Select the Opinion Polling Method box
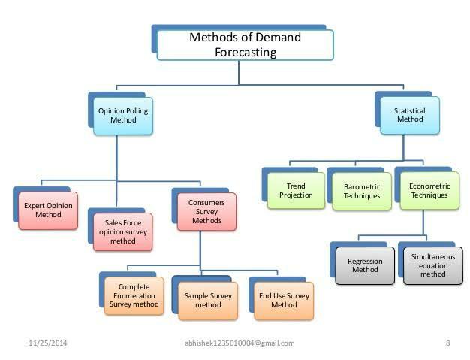(123, 115)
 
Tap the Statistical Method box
(409, 115)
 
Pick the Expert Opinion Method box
(48, 209)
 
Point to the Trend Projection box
(296, 191)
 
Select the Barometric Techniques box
(362, 192)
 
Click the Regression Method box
(365, 266)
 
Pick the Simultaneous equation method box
(433, 265)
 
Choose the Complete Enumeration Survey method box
(134, 295)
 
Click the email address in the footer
(239, 343)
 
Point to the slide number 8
(447, 343)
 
